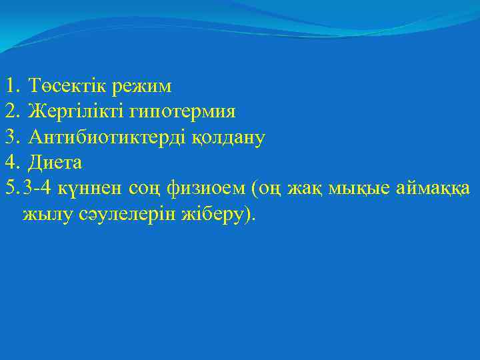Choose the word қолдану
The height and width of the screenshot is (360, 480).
point(229,138)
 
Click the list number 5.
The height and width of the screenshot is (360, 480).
point(9,189)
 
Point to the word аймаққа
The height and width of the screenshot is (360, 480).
point(435,189)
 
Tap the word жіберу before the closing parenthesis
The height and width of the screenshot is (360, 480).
point(214,215)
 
